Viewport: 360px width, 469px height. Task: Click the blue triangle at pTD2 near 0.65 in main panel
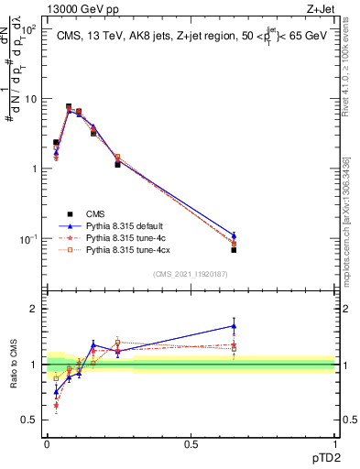click(x=234, y=235)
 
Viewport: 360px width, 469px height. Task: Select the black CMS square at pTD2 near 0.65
click(x=234, y=249)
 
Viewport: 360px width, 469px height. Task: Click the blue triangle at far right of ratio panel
click(x=234, y=325)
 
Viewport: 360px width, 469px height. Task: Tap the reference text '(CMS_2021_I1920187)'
click(x=191, y=274)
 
